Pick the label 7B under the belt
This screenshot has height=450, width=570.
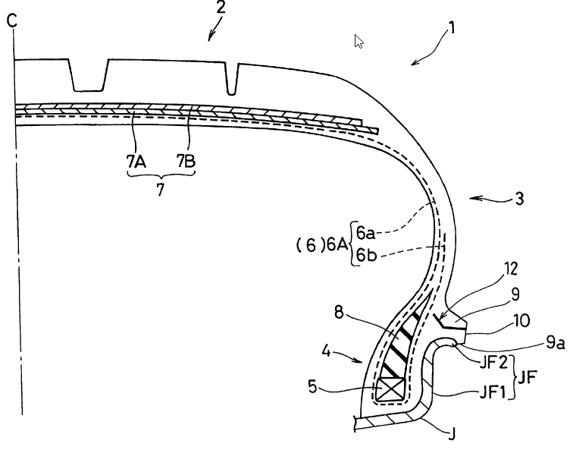tap(186, 162)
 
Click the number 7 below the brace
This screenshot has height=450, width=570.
tap(161, 190)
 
